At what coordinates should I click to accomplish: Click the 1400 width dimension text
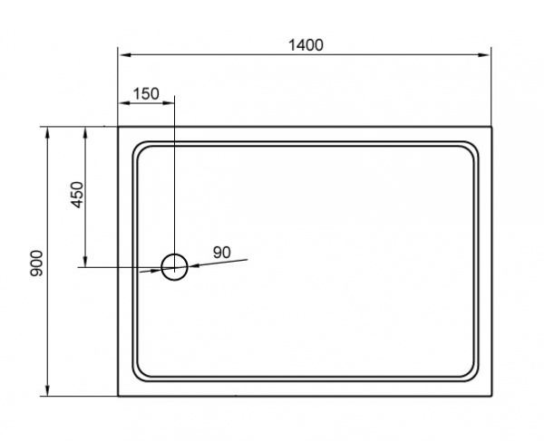point(305,44)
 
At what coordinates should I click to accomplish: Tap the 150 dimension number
point(145,94)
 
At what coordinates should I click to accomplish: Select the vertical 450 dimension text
point(77,195)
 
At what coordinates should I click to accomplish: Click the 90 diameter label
point(222,252)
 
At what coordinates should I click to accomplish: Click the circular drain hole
point(174,265)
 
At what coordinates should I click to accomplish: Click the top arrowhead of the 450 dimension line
point(85,132)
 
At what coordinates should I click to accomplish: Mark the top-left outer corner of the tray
point(118,127)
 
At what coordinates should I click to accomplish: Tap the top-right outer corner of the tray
point(491,127)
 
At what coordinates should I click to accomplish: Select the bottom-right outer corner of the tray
point(491,397)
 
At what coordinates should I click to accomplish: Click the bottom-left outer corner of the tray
point(118,397)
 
